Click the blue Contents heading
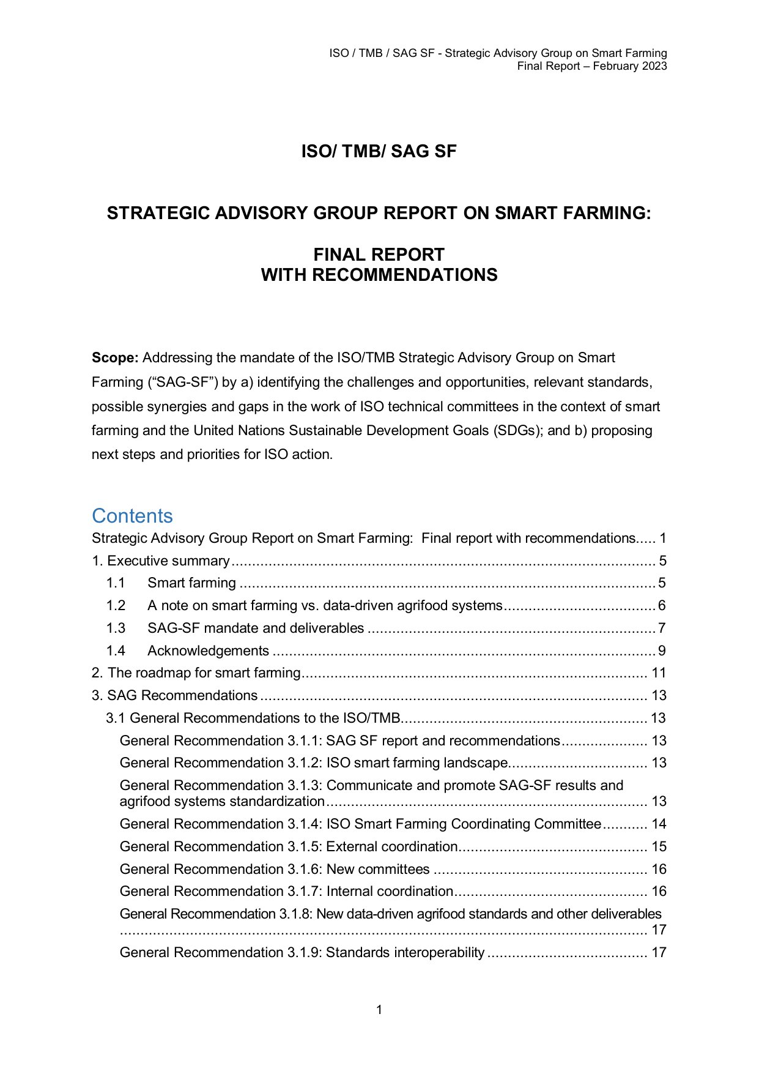click(x=132, y=516)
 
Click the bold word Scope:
click(x=115, y=358)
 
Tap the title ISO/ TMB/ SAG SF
click(x=379, y=151)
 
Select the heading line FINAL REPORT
click(x=379, y=255)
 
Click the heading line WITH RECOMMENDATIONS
click(x=379, y=275)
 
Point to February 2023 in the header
click(x=629, y=66)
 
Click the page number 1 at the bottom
click(x=379, y=1010)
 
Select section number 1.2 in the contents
click(x=116, y=606)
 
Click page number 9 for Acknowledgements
click(x=662, y=651)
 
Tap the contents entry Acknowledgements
click(x=208, y=651)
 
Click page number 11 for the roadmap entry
click(x=659, y=673)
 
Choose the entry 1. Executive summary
click(x=161, y=561)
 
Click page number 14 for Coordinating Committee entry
click(x=659, y=824)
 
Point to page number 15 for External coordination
click(x=659, y=847)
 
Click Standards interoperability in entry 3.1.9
click(x=405, y=953)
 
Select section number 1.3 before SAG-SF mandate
click(x=116, y=628)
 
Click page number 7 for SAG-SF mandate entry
click(x=662, y=628)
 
